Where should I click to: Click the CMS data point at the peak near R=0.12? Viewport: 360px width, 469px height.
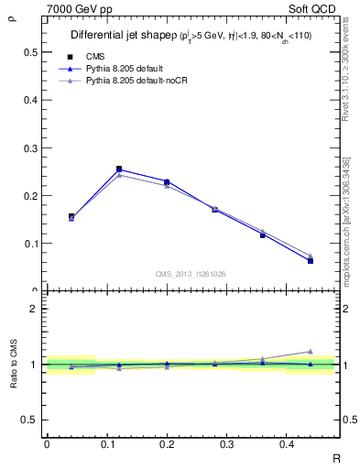click(119, 169)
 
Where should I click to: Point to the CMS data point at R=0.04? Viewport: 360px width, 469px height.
click(71, 216)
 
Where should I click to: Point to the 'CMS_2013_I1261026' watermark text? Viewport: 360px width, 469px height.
click(191, 273)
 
